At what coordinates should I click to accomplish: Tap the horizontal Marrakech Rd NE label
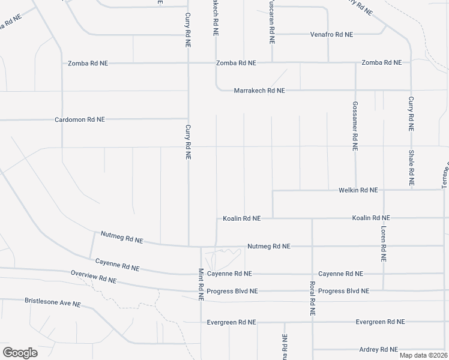click(259, 91)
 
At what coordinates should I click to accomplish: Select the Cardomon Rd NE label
click(80, 119)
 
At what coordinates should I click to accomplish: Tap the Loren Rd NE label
click(383, 244)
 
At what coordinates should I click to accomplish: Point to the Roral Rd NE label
click(312, 299)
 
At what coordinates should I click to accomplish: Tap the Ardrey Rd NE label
click(379, 349)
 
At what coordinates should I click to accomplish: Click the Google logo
click(20, 353)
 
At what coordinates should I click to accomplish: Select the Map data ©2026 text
click(423, 355)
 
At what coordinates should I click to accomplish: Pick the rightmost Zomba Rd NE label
click(381, 63)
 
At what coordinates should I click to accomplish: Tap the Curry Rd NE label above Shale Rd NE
click(411, 113)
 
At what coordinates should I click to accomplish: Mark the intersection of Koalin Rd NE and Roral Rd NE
click(312, 218)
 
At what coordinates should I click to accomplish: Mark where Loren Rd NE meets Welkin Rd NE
click(383, 190)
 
